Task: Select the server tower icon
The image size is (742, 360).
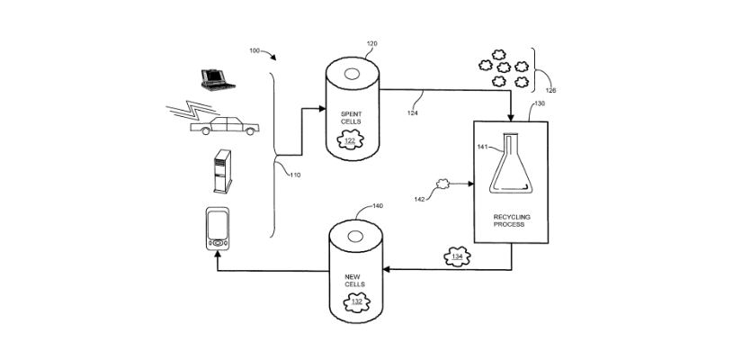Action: (x=220, y=172)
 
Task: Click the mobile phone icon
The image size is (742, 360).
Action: (x=218, y=229)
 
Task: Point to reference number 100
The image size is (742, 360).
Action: (x=255, y=51)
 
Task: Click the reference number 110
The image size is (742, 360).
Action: (x=295, y=175)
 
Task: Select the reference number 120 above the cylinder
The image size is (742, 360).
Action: (x=371, y=43)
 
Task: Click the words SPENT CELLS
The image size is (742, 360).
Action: (x=350, y=117)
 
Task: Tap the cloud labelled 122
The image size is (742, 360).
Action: (x=350, y=140)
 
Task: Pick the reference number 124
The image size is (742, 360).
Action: (x=412, y=112)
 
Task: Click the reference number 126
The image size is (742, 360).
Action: (x=550, y=90)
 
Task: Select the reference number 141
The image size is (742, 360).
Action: (x=482, y=146)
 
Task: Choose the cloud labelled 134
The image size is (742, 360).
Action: (x=457, y=257)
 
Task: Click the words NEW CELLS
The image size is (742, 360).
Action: (x=354, y=279)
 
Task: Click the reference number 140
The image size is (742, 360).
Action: (x=377, y=206)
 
